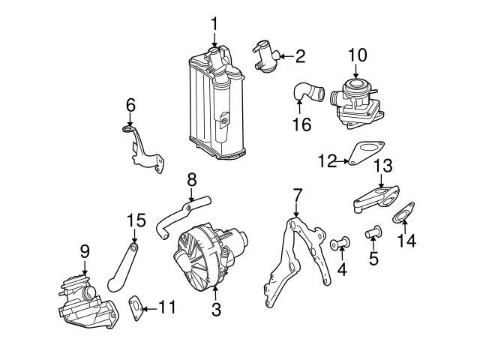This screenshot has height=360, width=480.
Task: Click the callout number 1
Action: click(x=214, y=25)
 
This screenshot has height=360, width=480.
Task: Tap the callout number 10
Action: click(x=357, y=55)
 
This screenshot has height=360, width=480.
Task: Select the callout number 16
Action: click(x=301, y=124)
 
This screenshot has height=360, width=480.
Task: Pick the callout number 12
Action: click(x=325, y=160)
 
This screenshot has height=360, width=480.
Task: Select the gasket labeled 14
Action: click(x=405, y=214)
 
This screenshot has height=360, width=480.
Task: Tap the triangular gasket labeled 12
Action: click(x=362, y=153)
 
